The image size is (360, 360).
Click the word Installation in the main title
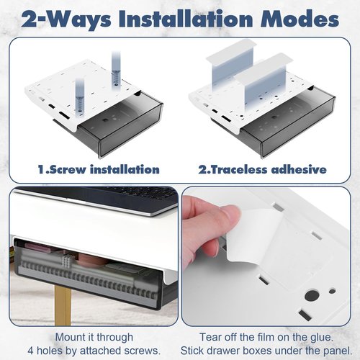(x=186, y=19)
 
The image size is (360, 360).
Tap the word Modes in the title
(x=300, y=19)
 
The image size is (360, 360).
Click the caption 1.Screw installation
(x=99, y=169)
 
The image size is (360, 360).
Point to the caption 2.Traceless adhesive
(x=262, y=169)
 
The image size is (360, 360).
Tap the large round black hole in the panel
(x=312, y=295)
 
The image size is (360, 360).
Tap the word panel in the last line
(x=338, y=351)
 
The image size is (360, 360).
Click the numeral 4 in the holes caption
(x=30, y=351)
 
